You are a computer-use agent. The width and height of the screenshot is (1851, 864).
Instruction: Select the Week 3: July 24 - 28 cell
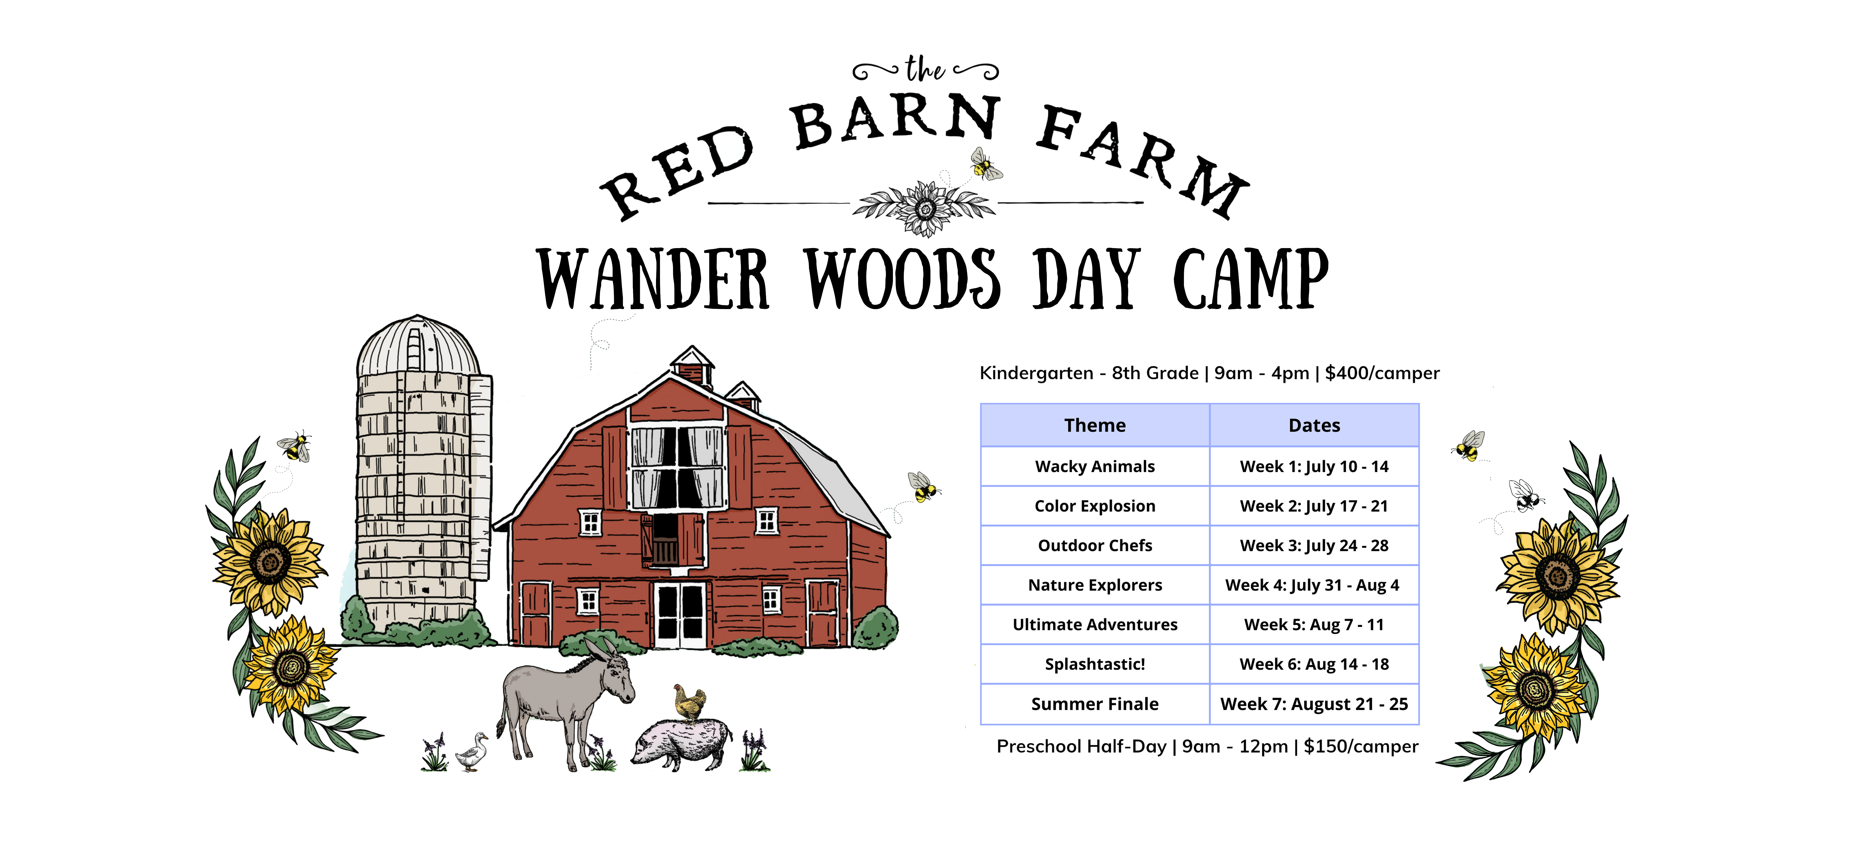pyautogui.click(x=1314, y=546)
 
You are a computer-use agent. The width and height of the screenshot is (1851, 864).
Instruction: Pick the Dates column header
pyautogui.click(x=1314, y=426)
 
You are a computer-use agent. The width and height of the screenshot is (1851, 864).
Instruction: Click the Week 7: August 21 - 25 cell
pyautogui.click(x=1314, y=704)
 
